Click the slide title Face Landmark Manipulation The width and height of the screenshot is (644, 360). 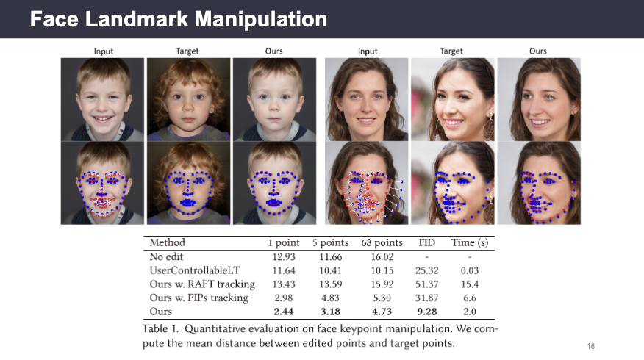click(179, 20)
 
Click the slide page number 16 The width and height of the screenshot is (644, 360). click(590, 345)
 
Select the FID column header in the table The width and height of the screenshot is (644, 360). click(427, 242)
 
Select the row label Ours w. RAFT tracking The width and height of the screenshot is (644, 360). click(202, 284)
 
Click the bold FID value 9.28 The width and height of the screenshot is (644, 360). click(427, 312)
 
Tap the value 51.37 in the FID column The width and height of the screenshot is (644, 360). click(427, 284)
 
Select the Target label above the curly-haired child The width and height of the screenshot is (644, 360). click(187, 51)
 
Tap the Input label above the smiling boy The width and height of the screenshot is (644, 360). click(103, 51)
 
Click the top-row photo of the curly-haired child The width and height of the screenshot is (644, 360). click(188, 99)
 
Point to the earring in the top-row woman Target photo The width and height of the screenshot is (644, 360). click(488, 126)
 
